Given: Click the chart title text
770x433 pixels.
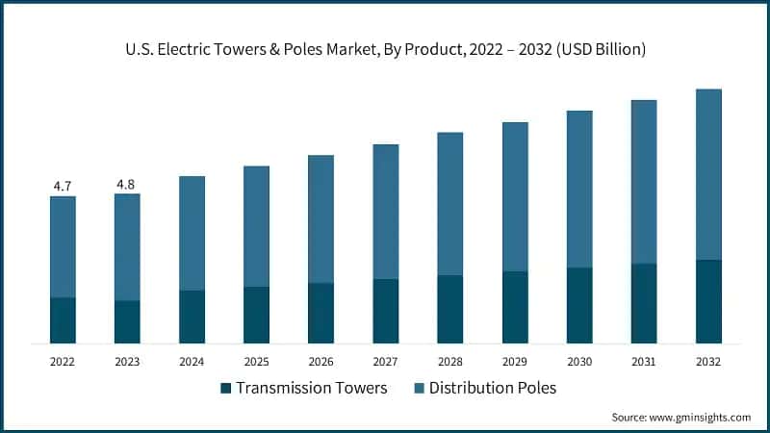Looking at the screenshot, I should tap(384, 50).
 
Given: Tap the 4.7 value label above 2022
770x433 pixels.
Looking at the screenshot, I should tap(63, 186).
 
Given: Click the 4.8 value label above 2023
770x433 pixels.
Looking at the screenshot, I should tap(127, 184).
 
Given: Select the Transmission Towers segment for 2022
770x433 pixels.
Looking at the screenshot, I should tap(63, 320).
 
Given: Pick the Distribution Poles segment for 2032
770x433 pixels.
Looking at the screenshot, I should tap(708, 174).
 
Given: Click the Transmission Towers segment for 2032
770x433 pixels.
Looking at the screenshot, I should tap(708, 301).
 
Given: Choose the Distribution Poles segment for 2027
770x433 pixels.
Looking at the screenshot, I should tap(385, 212).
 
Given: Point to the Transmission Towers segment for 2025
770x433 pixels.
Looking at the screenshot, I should tap(256, 315).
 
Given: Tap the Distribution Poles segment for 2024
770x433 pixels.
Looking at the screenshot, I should tap(192, 233).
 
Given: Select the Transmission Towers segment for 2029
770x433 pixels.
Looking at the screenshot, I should tap(515, 307).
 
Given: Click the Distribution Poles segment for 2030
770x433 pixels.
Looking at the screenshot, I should tap(579, 189).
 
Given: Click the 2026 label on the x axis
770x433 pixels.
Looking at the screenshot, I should tap(321, 362).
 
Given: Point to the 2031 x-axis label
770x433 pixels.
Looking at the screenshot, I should tap(644, 362).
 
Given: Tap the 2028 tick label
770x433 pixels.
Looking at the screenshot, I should tap(449, 362).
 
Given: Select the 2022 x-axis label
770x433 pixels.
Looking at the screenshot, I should tap(63, 362).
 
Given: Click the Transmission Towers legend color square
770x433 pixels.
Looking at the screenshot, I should tap(226, 388).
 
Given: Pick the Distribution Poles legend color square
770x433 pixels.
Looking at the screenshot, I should tap(419, 388).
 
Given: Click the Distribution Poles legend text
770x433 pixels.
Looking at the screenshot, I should tap(493, 388).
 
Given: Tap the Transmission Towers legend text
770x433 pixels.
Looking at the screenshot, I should tap(312, 388).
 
